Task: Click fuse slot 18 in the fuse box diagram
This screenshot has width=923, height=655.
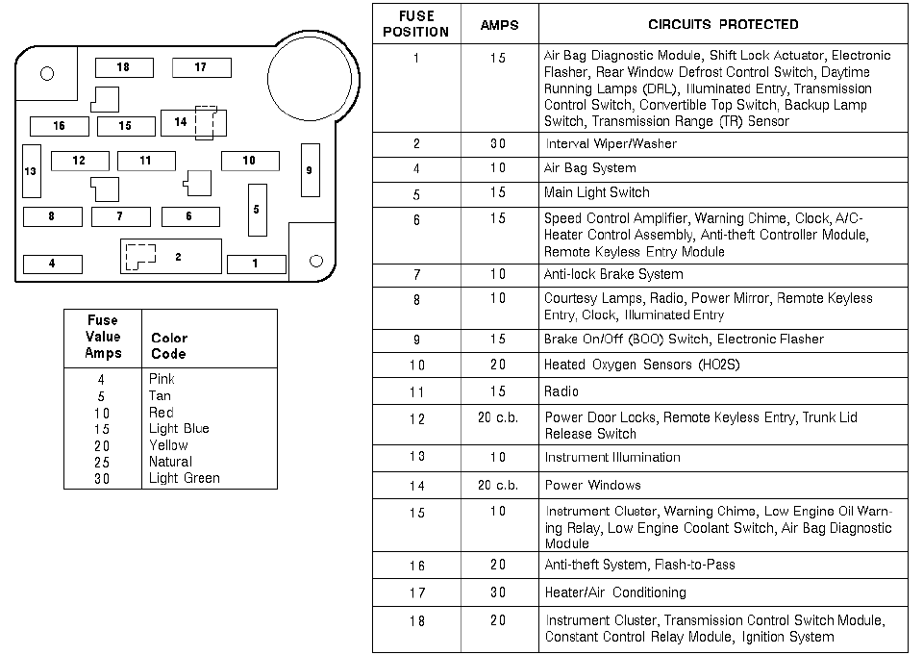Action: [124, 67]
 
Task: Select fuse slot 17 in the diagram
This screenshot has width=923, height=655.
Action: [201, 67]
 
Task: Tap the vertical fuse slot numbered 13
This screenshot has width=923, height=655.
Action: [32, 171]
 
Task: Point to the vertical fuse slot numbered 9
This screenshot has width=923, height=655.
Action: [310, 169]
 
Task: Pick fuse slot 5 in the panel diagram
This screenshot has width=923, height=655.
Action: [257, 209]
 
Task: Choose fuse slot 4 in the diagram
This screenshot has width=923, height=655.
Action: [52, 264]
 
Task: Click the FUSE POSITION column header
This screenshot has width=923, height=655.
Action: [415, 24]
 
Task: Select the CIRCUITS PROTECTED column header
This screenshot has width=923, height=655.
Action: [723, 24]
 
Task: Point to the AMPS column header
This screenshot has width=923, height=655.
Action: [499, 25]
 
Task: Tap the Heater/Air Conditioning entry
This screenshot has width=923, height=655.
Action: [615, 592]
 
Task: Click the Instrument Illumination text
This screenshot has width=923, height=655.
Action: [612, 457]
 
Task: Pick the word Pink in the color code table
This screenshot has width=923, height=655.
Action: [162, 379]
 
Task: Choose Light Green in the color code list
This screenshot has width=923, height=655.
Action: [184, 478]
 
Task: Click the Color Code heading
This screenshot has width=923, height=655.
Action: [169, 345]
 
